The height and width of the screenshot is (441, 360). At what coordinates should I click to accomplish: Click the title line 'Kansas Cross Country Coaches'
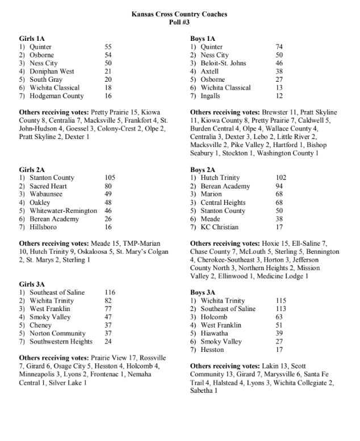click(179, 14)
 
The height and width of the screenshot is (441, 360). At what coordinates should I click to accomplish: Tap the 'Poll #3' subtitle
click(179, 22)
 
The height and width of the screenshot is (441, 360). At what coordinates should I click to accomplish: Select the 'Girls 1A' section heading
click(33, 39)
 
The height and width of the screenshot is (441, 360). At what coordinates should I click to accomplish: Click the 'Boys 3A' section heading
click(204, 292)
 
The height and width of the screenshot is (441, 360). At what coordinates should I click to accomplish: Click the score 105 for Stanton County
click(110, 178)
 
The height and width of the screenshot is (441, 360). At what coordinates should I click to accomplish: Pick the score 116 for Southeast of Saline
click(110, 293)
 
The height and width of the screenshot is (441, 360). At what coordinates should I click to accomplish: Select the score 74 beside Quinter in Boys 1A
click(279, 47)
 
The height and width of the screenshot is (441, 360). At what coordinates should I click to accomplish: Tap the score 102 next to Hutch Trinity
click(281, 178)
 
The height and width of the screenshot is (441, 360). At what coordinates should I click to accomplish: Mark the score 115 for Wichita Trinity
click(281, 301)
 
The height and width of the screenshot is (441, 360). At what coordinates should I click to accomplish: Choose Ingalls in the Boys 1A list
click(213, 96)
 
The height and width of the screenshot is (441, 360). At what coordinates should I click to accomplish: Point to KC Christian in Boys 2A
click(220, 227)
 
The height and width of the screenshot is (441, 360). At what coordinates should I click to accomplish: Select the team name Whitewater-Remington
click(63, 211)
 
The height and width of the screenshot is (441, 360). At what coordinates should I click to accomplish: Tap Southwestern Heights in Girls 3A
click(61, 342)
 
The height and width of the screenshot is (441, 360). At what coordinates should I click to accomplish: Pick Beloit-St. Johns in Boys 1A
click(224, 64)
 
